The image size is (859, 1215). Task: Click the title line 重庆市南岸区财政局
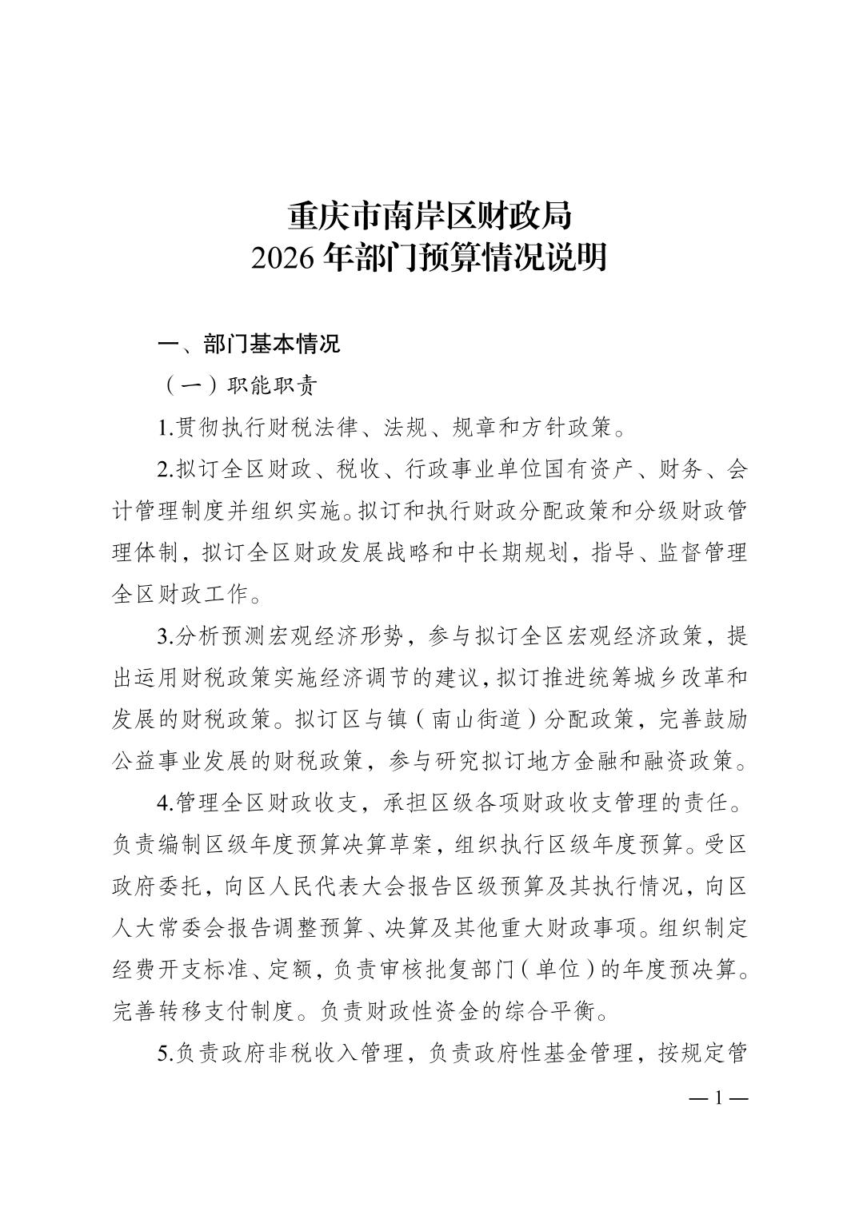429,217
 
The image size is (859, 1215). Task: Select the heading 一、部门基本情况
249,344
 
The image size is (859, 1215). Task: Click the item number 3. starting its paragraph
166,637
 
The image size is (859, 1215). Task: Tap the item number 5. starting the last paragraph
166,1054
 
